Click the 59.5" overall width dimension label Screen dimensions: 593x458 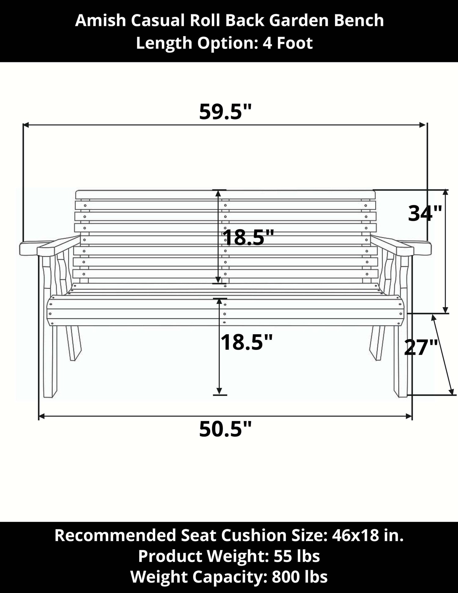225,112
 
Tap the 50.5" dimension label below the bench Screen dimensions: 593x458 225,429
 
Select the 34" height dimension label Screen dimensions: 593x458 425,213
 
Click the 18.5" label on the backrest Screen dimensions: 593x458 248,237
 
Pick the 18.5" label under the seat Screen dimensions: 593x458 246,342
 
